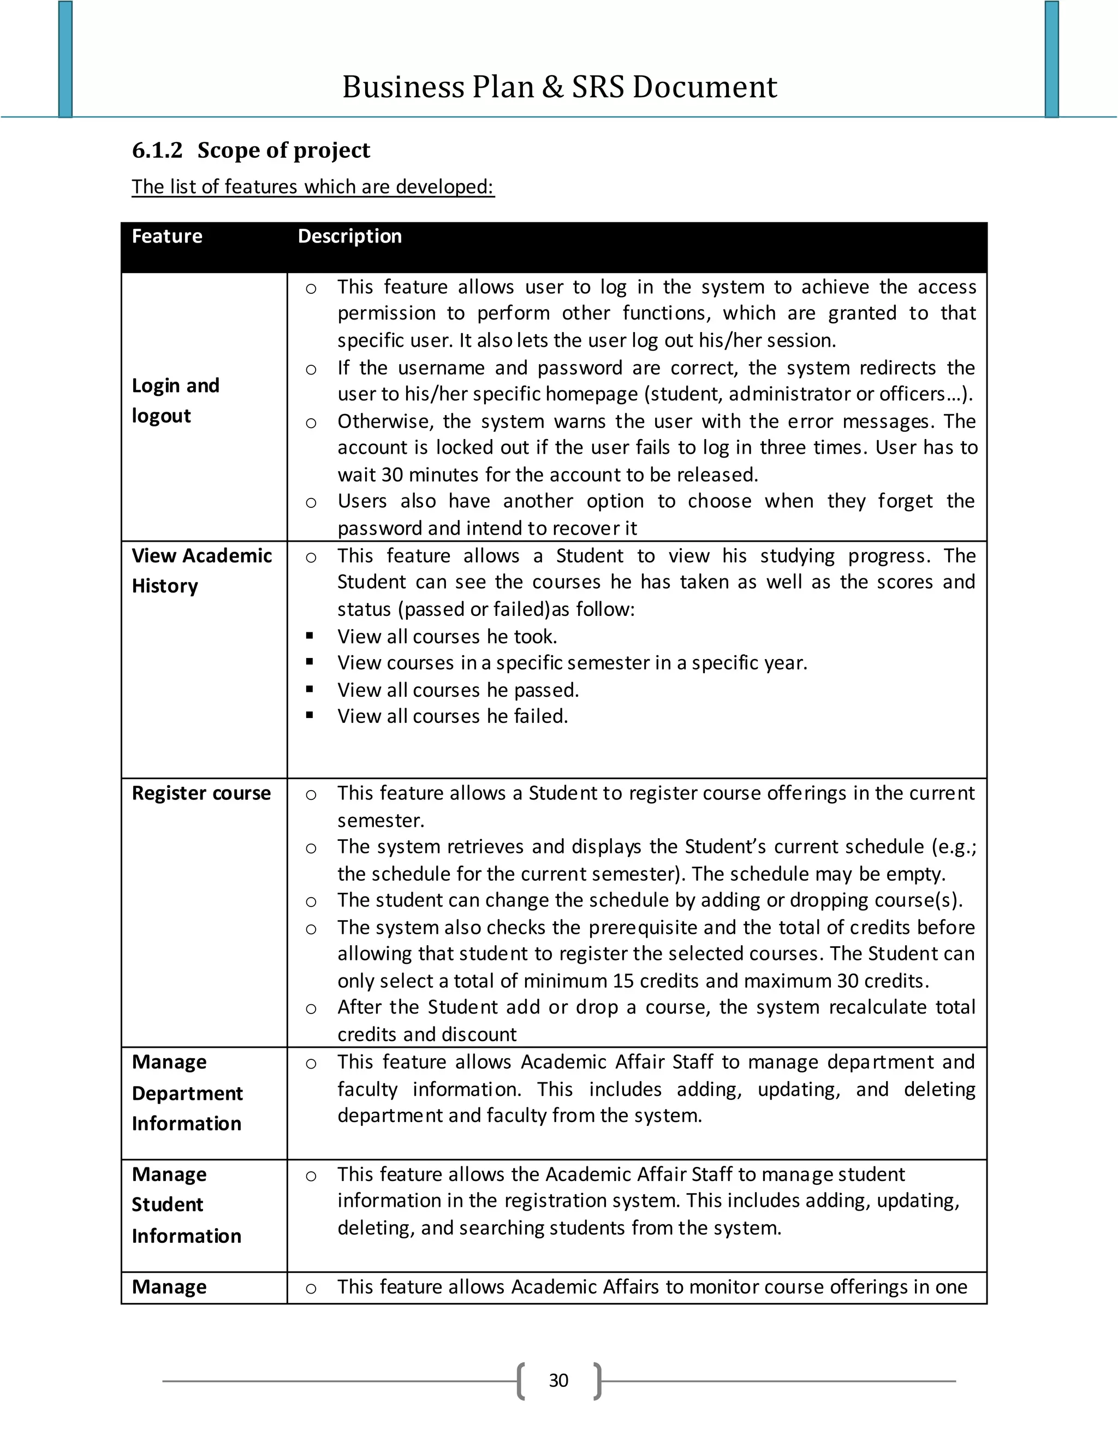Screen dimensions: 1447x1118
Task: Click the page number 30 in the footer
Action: click(558, 1380)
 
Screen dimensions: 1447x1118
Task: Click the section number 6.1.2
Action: click(157, 150)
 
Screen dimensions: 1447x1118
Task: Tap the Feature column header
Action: click(167, 236)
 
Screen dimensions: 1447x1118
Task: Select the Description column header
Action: click(350, 236)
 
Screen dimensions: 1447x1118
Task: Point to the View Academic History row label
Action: click(201, 571)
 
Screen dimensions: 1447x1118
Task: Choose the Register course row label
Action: click(201, 793)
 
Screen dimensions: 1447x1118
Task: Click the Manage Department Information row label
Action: click(187, 1093)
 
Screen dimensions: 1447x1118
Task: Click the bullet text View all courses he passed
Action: click(457, 690)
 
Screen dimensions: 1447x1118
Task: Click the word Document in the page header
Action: click(704, 87)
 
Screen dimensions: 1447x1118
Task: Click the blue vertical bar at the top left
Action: click(65, 59)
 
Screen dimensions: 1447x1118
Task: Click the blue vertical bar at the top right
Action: click(1052, 59)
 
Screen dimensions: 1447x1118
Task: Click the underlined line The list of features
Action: click(313, 187)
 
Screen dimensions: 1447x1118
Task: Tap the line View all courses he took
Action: click(447, 636)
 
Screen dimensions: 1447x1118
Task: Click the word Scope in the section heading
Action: click(227, 150)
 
